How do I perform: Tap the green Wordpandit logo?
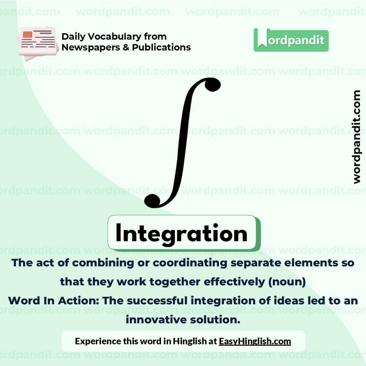tap(291, 40)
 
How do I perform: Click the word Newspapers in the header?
tap(90, 47)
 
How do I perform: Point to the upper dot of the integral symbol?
tap(212, 84)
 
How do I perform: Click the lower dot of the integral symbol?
tap(152, 201)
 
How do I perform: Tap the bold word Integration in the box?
tap(181, 233)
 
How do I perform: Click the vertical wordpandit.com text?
tap(356, 137)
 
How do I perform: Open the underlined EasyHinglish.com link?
tap(255, 341)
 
